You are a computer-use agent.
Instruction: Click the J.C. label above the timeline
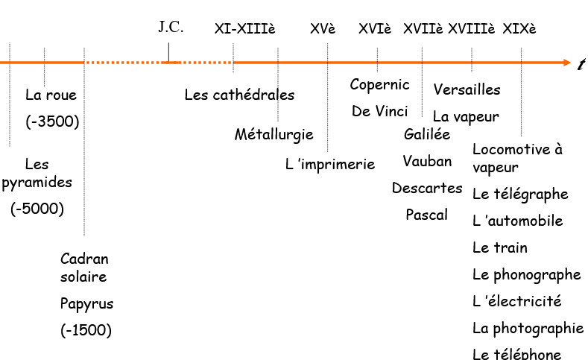[x=171, y=28]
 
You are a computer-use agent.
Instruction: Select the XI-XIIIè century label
[x=244, y=29]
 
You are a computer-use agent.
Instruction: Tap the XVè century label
[x=323, y=29]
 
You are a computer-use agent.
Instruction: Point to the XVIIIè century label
[x=471, y=29]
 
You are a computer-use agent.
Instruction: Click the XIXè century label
[x=519, y=29]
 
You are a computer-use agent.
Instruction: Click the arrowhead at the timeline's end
[x=565, y=63]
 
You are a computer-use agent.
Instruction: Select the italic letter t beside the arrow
[x=581, y=64]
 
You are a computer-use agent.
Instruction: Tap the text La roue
[x=51, y=95]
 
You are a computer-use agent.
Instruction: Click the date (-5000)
[x=37, y=209]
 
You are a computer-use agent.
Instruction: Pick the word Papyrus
[x=86, y=304]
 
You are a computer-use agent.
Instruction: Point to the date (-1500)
[x=86, y=330]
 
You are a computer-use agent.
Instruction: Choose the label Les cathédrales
[x=239, y=95]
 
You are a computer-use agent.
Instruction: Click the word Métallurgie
[x=274, y=135]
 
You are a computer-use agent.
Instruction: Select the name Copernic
[x=380, y=85]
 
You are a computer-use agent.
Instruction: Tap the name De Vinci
[x=380, y=112]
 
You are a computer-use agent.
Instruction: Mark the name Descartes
[x=427, y=188]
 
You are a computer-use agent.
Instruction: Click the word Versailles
[x=467, y=90]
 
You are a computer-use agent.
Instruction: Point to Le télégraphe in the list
[x=520, y=195]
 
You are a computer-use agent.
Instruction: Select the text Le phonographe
[x=526, y=275]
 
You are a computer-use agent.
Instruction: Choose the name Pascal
[x=427, y=215]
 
